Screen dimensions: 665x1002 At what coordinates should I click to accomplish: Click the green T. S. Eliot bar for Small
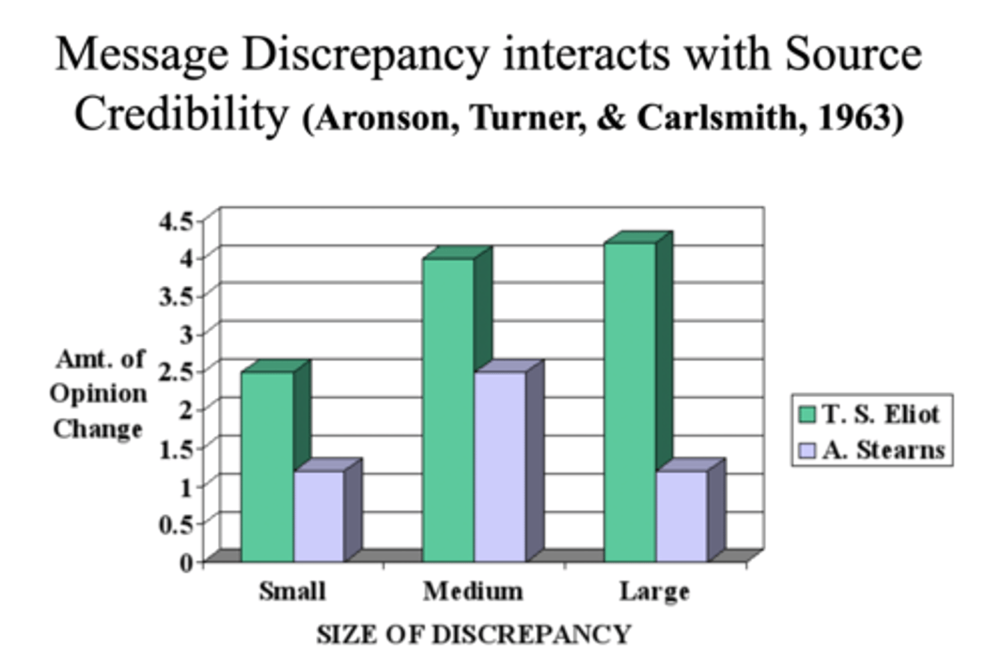click(267, 466)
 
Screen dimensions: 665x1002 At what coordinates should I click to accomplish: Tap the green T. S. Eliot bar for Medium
click(449, 410)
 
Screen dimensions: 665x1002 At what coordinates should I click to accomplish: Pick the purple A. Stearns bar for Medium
click(500, 466)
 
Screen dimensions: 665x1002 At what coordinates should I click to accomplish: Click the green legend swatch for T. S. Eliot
click(807, 415)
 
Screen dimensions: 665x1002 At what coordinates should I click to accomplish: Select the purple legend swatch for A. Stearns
click(807, 451)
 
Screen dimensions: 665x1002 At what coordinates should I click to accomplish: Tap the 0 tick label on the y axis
click(186, 561)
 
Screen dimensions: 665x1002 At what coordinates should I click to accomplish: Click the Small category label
click(292, 591)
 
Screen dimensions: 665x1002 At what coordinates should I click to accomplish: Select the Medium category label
click(473, 591)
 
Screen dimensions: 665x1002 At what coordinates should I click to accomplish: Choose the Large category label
click(655, 591)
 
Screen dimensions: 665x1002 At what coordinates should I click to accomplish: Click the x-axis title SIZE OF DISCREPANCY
click(474, 634)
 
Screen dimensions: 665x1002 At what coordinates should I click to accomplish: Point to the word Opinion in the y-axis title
click(98, 394)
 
